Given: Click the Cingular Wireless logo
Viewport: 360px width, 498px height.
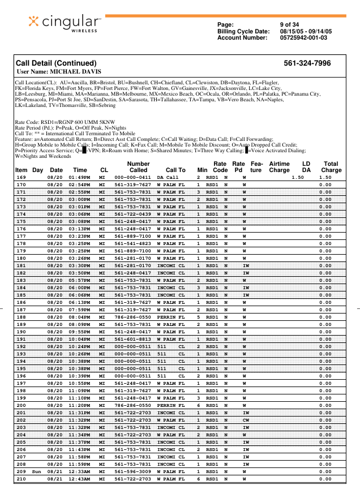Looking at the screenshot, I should point(64,23).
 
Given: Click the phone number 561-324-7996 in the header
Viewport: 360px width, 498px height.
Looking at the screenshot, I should point(307,63).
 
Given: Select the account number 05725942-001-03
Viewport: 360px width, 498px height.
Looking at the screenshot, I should point(303,37).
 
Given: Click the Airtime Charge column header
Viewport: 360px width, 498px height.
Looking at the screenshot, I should point(279,167).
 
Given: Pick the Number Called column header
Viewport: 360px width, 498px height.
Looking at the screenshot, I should point(138,167).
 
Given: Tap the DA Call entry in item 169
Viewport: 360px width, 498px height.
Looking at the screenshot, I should point(168,177).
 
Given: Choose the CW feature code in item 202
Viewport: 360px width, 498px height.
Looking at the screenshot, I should point(245,420).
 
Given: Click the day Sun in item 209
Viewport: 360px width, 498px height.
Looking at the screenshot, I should point(37,471).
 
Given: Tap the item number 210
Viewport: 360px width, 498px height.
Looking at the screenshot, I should point(21,479).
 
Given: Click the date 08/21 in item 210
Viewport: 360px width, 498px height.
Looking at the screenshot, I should point(55,479).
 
